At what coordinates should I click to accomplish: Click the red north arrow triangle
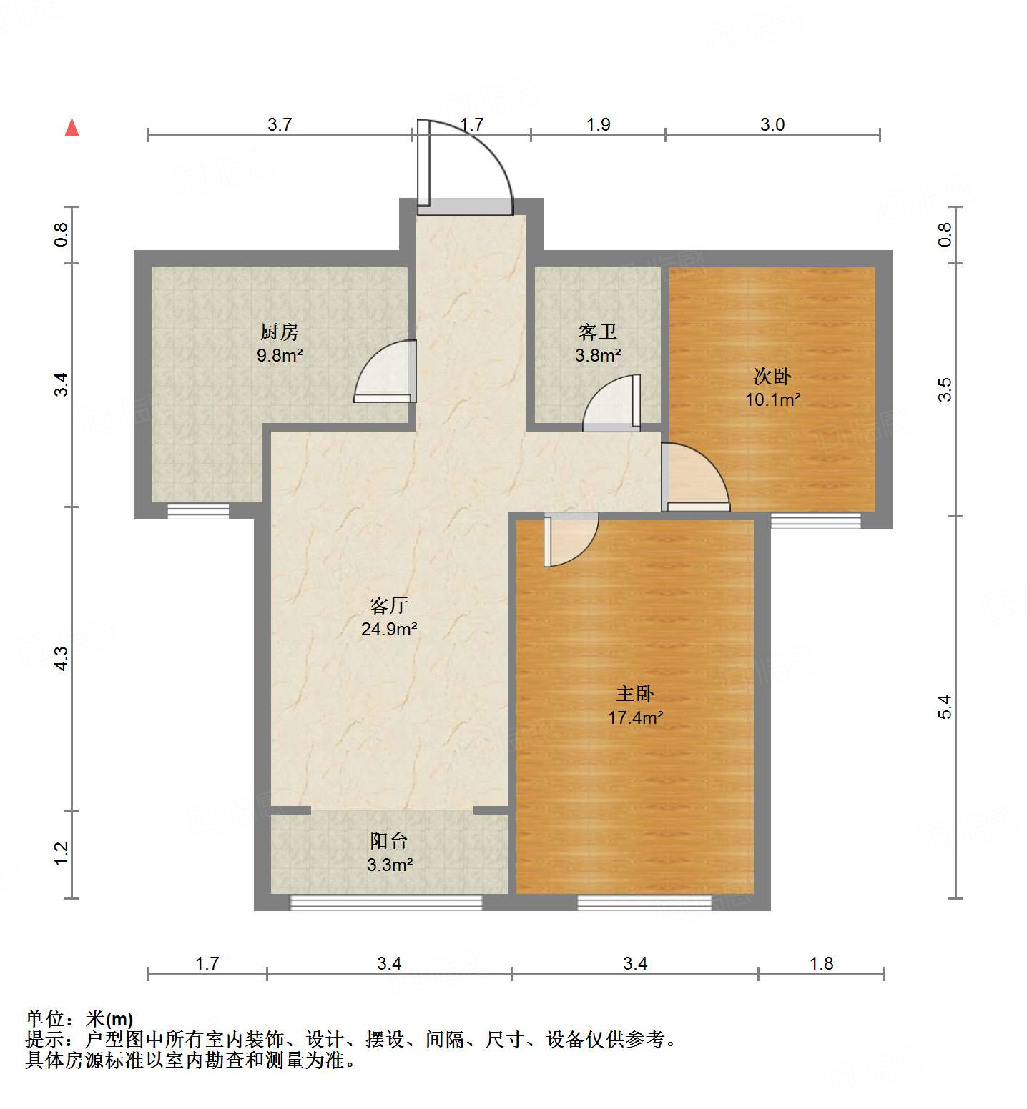[x=72, y=127]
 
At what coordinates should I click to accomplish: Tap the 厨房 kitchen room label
[x=280, y=332]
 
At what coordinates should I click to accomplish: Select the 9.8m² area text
[x=280, y=355]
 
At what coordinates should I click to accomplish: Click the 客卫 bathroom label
[x=598, y=332]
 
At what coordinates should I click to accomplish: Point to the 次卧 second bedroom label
[x=772, y=376]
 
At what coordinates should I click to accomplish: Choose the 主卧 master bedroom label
[x=635, y=693]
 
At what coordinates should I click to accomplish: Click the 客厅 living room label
[x=389, y=605]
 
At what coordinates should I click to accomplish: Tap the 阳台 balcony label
[x=389, y=841]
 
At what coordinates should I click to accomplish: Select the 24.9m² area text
[x=389, y=630]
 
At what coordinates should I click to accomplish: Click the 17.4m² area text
[x=635, y=717]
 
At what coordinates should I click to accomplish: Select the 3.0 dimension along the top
[x=772, y=125]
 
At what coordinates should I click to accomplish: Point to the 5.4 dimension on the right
[x=945, y=707]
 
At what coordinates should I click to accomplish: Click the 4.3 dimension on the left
[x=62, y=658]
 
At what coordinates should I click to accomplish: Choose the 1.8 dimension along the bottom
[x=822, y=964]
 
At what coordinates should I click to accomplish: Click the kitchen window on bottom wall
[x=198, y=511]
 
